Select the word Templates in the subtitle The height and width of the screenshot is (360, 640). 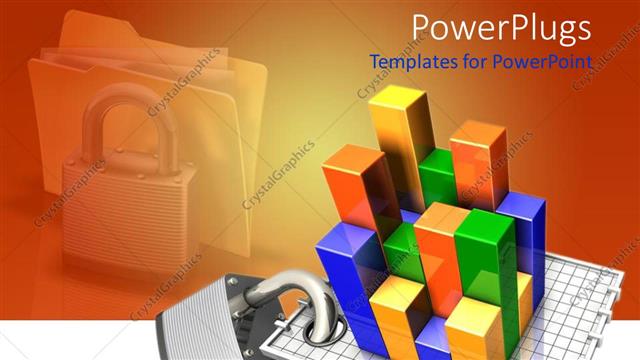pyautogui.click(x=411, y=62)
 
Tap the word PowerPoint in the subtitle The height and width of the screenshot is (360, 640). pyautogui.click(x=548, y=62)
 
